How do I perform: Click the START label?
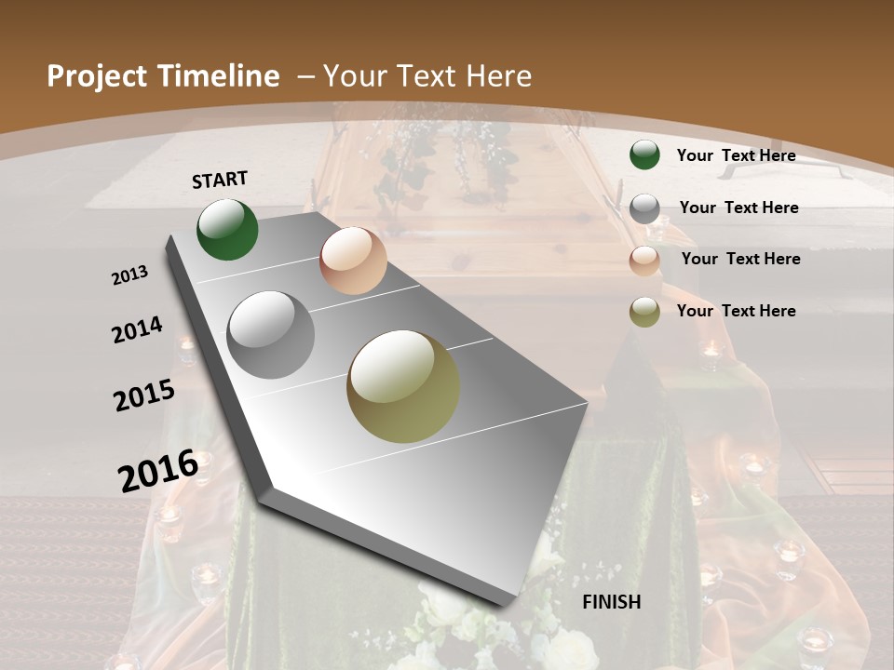(220, 180)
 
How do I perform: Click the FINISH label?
(612, 602)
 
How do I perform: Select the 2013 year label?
(129, 275)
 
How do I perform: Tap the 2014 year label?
(137, 329)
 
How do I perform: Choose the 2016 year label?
(158, 470)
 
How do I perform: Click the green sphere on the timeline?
(227, 229)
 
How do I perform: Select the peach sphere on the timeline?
(353, 261)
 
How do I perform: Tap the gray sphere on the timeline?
(271, 335)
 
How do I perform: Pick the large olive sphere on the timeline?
(403, 386)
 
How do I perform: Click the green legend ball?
(644, 154)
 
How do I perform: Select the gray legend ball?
(644, 208)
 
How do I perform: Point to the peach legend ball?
(644, 261)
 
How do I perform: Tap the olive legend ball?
(644, 312)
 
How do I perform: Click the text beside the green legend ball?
(736, 155)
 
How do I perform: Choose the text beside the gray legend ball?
(738, 208)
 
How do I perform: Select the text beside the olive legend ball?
(736, 311)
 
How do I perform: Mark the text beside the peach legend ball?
(740, 259)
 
